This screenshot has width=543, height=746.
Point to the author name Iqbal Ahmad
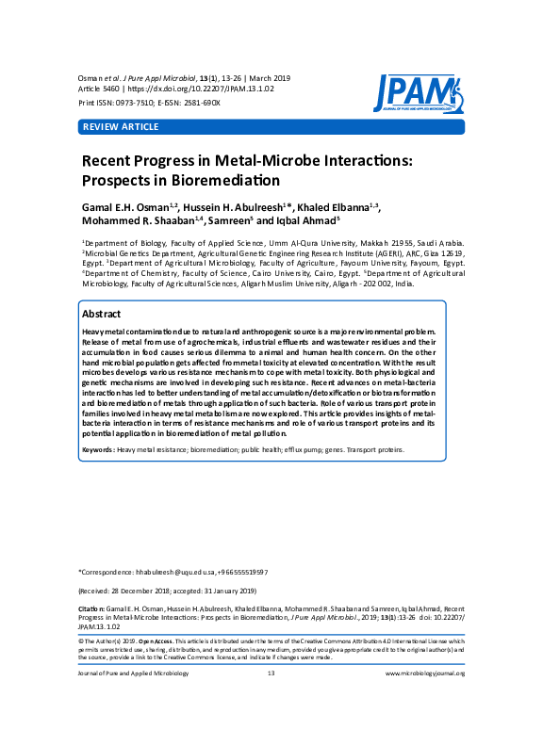312,222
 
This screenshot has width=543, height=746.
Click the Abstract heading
101,313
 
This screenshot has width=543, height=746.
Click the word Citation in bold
91,608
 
